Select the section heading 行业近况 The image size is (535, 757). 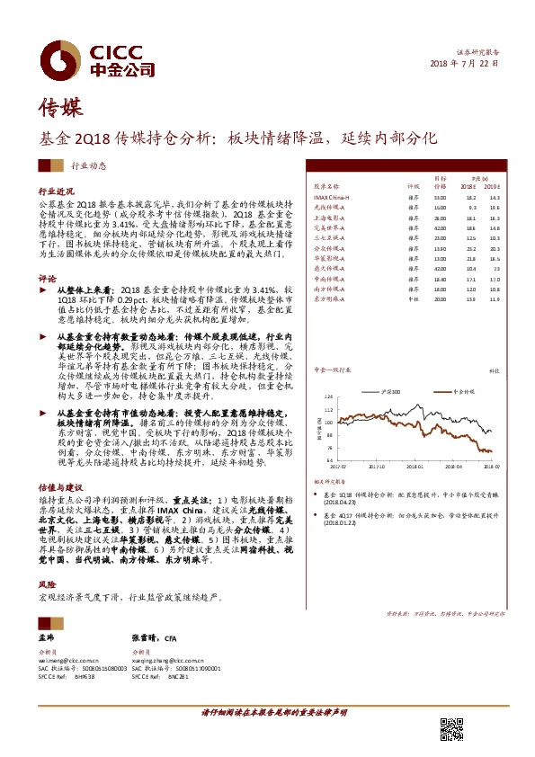click(54, 192)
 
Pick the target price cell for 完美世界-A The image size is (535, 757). click(440, 228)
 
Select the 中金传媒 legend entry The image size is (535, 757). click(459, 394)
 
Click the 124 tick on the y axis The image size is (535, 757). click(329, 396)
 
